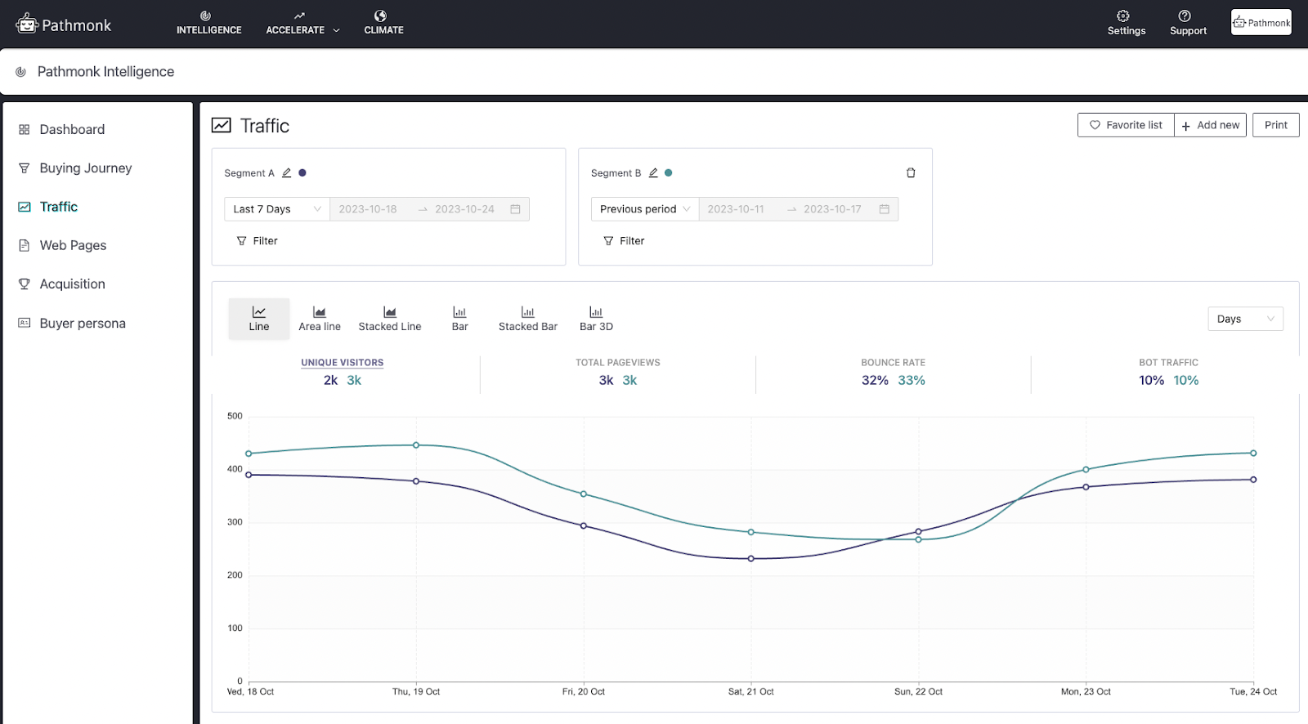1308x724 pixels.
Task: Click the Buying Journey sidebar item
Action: point(85,168)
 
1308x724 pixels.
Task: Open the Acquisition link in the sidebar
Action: point(72,284)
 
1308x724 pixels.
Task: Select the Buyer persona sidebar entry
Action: point(82,324)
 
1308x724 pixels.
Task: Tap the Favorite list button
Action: point(1126,125)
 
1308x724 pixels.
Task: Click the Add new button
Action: point(1210,125)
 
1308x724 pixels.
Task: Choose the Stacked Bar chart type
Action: point(527,318)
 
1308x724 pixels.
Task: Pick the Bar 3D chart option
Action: point(596,318)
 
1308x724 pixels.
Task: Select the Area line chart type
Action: point(320,318)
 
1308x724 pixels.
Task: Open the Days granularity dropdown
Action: point(1245,319)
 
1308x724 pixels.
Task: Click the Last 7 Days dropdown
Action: point(277,209)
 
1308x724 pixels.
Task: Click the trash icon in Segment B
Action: point(911,173)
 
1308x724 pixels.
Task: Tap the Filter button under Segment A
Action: point(258,241)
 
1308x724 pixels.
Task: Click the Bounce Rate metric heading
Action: point(893,363)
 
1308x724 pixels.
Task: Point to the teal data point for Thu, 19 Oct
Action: point(416,445)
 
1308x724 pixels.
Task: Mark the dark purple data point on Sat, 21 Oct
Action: point(751,559)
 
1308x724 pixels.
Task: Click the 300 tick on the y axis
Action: point(235,522)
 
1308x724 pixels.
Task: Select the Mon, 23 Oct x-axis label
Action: point(1086,692)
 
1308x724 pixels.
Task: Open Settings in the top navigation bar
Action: point(1126,23)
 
